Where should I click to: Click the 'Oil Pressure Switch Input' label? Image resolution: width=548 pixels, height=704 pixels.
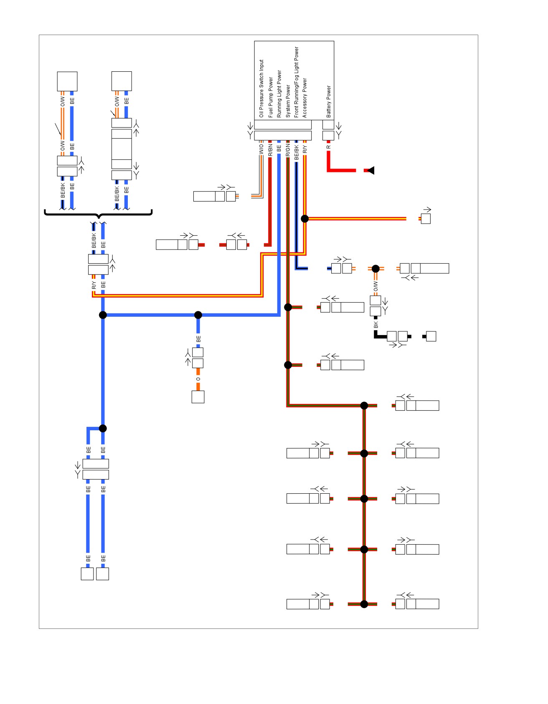pyautogui.click(x=261, y=88)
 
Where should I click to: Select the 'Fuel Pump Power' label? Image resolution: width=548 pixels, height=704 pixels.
pyautogui.click(x=270, y=97)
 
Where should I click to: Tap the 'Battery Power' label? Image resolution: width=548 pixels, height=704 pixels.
pyautogui.click(x=328, y=101)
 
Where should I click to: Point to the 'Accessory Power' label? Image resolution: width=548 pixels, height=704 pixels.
pyautogui.click(x=304, y=98)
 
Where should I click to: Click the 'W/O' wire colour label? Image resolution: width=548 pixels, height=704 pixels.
pyautogui.click(x=261, y=149)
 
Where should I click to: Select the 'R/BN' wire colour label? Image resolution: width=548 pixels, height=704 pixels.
pyautogui.click(x=270, y=150)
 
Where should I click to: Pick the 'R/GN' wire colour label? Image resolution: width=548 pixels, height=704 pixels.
pyautogui.click(x=288, y=150)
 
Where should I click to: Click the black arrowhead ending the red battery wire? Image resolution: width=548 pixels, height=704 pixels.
pyautogui.click(x=370, y=170)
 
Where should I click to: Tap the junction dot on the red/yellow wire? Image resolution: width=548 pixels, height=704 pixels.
pyautogui.click(x=305, y=219)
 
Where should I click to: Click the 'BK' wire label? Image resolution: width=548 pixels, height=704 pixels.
pyautogui.click(x=376, y=324)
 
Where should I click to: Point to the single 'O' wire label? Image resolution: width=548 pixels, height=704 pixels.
pyautogui.click(x=198, y=379)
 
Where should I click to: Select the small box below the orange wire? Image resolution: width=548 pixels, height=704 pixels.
pyautogui.click(x=198, y=397)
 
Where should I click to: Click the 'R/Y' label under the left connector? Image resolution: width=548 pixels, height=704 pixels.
pyautogui.click(x=94, y=285)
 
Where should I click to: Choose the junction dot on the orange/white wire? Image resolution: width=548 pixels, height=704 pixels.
pyautogui.click(x=375, y=269)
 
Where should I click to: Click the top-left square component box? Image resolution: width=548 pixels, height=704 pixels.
pyautogui.click(x=67, y=81)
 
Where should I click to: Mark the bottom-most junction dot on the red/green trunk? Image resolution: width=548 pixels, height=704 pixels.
pyautogui.click(x=364, y=604)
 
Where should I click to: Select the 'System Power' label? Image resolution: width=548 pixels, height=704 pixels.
pyautogui.click(x=288, y=101)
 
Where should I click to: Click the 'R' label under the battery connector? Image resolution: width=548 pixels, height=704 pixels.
pyautogui.click(x=328, y=147)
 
